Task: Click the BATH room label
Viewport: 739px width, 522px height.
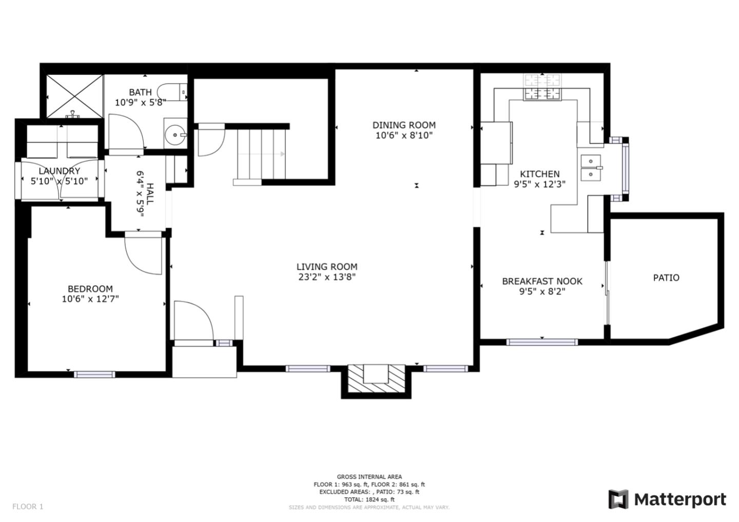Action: pos(140,92)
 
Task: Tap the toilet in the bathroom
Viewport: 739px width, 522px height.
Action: pos(172,92)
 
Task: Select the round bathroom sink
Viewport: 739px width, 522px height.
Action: pos(176,135)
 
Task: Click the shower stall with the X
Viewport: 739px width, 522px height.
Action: pos(74,96)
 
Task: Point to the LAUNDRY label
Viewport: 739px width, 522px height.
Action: pos(60,171)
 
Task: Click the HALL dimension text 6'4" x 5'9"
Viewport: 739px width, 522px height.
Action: pos(140,194)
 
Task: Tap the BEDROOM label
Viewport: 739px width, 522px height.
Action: pos(90,289)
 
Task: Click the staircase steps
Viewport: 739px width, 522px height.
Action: pos(262,154)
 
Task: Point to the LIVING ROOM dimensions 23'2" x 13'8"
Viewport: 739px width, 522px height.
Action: pos(327,277)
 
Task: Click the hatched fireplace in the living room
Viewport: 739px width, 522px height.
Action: pos(376,378)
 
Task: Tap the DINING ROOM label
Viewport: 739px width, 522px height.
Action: pos(404,125)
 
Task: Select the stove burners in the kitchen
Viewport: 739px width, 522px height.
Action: pos(542,87)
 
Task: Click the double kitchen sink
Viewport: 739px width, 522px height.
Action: pos(591,168)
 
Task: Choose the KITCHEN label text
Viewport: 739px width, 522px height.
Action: pos(540,174)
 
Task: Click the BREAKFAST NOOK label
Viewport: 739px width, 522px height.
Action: pos(542,281)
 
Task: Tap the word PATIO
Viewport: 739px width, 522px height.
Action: pos(667,278)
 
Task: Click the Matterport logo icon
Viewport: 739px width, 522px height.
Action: pos(618,499)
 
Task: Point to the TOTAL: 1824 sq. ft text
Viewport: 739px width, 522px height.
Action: pos(369,499)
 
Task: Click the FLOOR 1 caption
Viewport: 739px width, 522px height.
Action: pos(28,507)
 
